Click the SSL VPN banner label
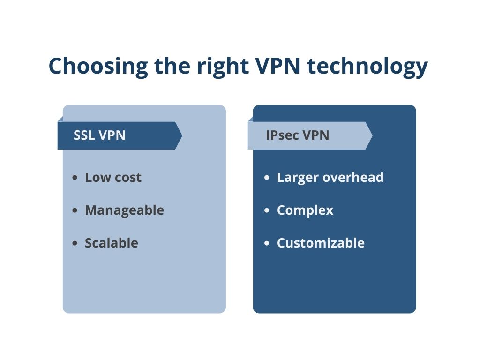[x=99, y=135]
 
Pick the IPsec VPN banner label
[x=297, y=135]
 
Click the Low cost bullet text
[x=113, y=178]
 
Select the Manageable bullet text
[x=124, y=210]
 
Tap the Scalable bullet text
[x=111, y=243]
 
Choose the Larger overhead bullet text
[x=330, y=178]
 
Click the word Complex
[x=305, y=210]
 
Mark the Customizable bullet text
[x=321, y=243]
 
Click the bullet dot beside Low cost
[x=75, y=178]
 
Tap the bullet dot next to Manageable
[x=75, y=211]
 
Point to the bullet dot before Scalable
[x=75, y=244]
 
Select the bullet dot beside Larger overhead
[x=267, y=178]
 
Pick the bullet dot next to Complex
[x=267, y=211]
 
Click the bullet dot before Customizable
[x=267, y=244]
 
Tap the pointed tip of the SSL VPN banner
[x=180, y=136]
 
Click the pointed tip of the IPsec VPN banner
[x=371, y=136]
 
